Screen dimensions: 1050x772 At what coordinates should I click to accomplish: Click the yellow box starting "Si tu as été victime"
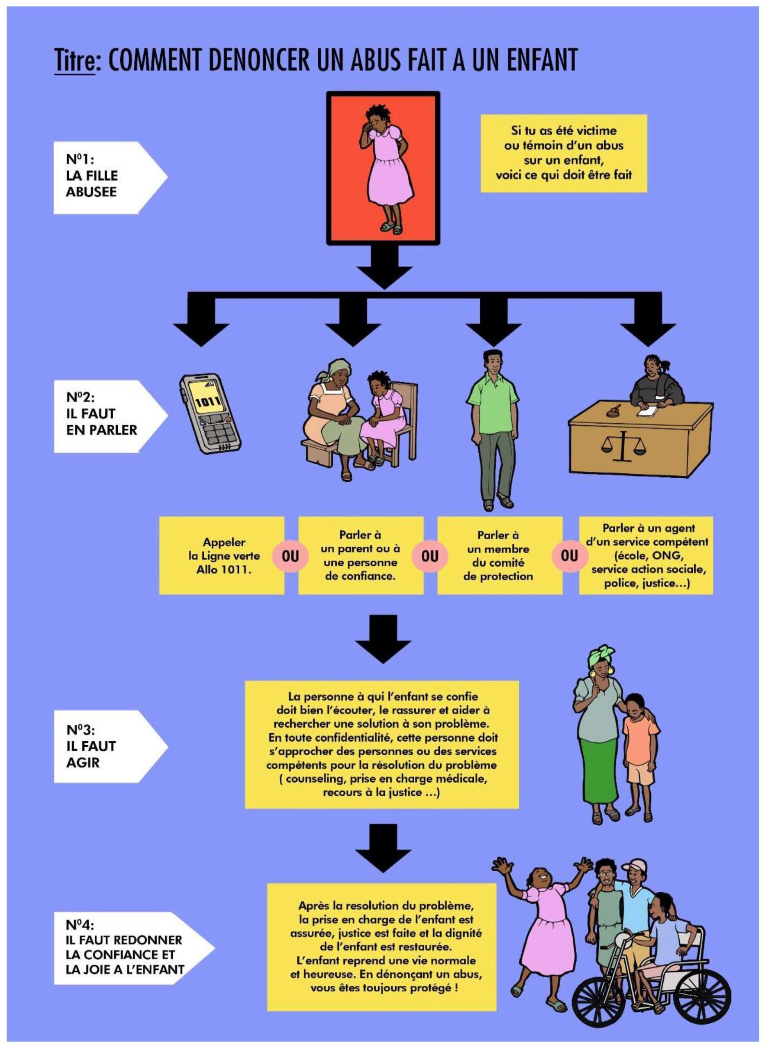(x=564, y=153)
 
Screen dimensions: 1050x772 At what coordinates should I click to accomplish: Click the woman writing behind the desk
(x=651, y=383)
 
